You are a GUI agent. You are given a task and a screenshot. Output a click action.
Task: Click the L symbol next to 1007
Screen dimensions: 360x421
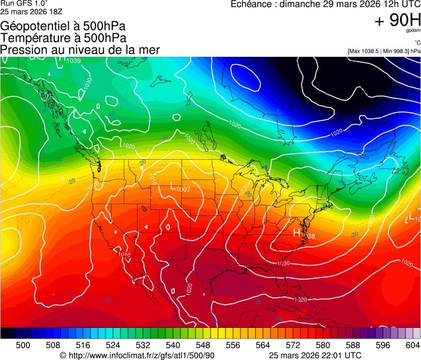[172, 186]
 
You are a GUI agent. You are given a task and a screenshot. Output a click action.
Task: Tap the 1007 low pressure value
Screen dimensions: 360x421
[183, 190]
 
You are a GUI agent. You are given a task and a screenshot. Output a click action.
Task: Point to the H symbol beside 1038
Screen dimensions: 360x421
[297, 232]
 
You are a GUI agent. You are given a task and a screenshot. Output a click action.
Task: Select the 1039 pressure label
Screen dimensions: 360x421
[73, 61]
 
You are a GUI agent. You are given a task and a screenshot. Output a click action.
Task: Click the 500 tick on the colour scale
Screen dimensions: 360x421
[23, 345]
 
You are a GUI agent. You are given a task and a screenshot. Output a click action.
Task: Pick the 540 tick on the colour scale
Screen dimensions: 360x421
[173, 345]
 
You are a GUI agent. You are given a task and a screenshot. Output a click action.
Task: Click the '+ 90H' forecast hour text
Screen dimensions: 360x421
[397, 20]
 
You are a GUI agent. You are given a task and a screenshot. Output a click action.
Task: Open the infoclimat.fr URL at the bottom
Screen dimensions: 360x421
[141, 355]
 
